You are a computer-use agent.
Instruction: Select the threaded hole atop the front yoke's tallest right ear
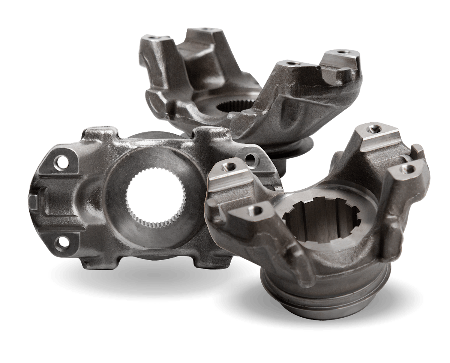coord(373,129)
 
